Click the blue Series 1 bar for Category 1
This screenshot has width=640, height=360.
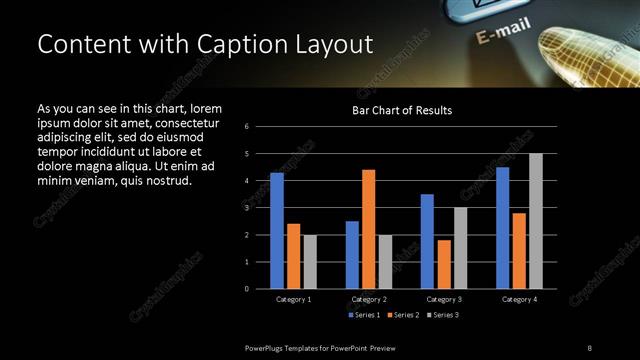pos(277,231)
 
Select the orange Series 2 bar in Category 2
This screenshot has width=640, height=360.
pos(369,229)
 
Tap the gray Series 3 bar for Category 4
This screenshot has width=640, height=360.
pos(536,221)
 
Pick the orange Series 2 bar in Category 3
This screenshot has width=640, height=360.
pos(444,264)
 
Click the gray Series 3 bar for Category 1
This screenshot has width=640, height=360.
pos(310,262)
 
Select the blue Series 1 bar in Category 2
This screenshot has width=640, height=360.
pos(352,255)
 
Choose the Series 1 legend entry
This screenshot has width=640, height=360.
pos(363,315)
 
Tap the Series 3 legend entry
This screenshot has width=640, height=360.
pos(445,315)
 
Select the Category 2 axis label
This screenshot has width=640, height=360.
pos(369,299)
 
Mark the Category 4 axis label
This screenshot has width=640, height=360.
pos(519,299)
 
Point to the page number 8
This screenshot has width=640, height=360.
pos(589,347)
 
